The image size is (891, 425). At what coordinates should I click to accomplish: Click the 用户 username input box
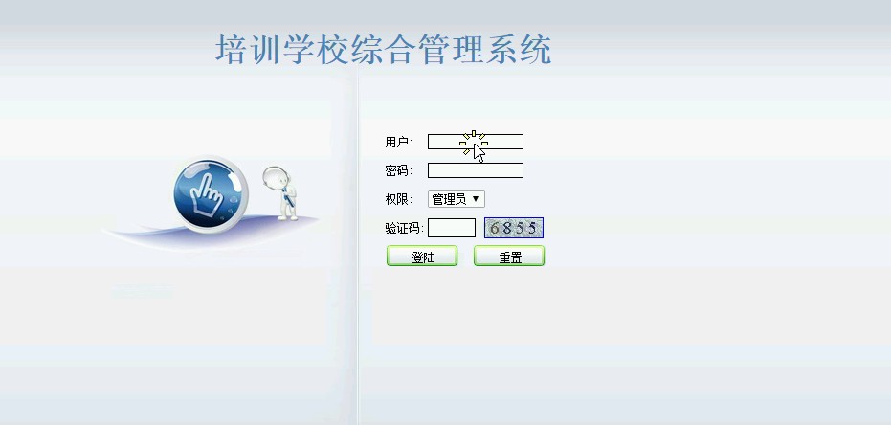[x=475, y=142]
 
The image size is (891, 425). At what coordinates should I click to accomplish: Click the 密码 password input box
[x=475, y=170]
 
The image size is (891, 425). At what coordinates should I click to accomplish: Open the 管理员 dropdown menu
[x=457, y=199]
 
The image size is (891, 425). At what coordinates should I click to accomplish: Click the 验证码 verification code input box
[x=451, y=228]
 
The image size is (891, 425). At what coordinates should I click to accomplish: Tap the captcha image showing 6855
[x=514, y=228]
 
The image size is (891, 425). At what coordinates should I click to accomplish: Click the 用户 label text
[x=397, y=142]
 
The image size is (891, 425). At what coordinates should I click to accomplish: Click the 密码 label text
[x=397, y=170]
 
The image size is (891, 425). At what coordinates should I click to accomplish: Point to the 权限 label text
[x=397, y=199]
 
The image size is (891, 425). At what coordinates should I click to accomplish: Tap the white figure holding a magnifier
[x=281, y=193]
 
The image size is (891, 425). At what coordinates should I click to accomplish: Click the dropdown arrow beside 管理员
[x=476, y=199]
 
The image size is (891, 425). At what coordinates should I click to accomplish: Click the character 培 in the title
[x=232, y=49]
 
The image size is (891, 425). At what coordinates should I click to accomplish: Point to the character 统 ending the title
[x=535, y=49]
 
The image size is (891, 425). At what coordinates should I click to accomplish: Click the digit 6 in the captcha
[x=494, y=229]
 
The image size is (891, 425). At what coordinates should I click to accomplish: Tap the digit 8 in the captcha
[x=507, y=229]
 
